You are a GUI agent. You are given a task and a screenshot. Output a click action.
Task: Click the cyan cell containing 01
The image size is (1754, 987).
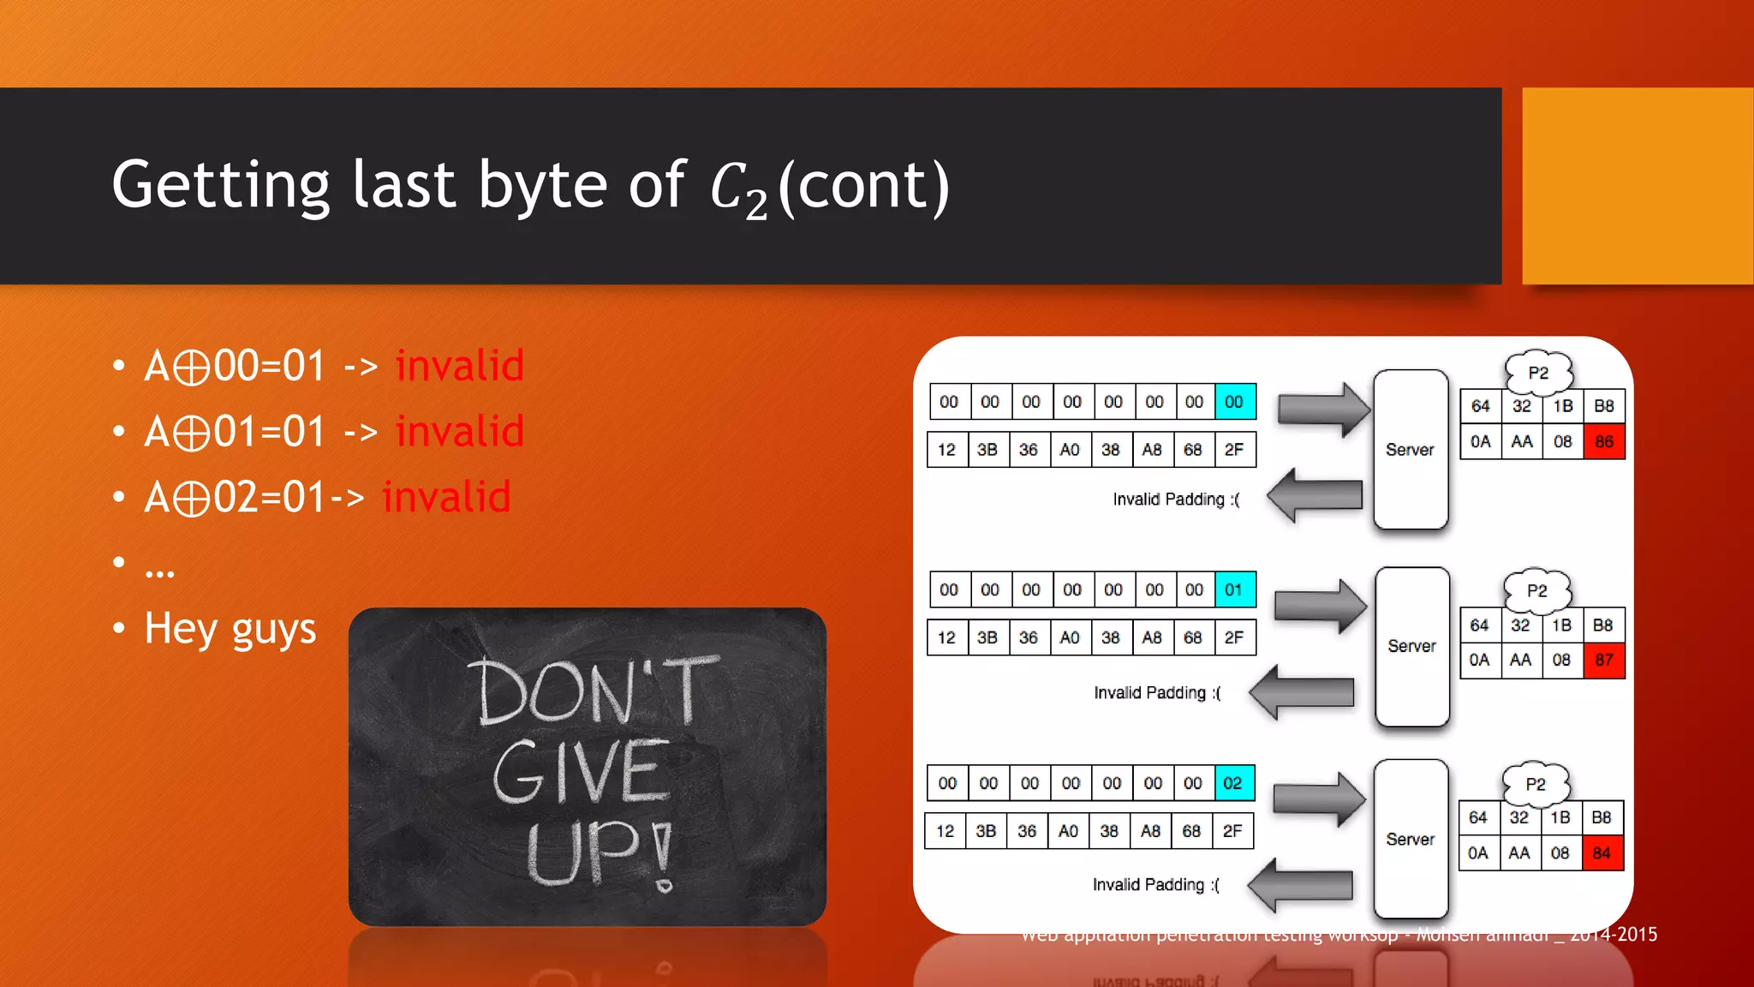(x=1234, y=589)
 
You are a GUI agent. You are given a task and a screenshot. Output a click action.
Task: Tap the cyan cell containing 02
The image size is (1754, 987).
(x=1233, y=782)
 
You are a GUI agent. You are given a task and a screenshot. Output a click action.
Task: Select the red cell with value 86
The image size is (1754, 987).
(x=1604, y=442)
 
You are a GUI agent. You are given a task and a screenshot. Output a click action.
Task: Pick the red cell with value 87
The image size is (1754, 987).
(x=1604, y=661)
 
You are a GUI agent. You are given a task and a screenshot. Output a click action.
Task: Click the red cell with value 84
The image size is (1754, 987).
(x=1602, y=853)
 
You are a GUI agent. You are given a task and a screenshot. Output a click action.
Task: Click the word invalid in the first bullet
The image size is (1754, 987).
(x=459, y=366)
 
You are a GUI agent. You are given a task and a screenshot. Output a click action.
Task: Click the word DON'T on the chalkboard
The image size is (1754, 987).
(x=598, y=691)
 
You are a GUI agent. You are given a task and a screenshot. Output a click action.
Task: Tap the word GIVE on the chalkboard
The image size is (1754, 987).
(x=582, y=772)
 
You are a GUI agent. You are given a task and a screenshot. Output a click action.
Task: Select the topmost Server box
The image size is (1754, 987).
(x=1411, y=449)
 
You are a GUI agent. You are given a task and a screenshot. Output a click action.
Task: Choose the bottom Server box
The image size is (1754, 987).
(x=1411, y=839)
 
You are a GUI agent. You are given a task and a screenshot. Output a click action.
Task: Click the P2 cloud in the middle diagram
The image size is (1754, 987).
(x=1537, y=591)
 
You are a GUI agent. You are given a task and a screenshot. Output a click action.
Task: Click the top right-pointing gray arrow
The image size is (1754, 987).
(x=1323, y=409)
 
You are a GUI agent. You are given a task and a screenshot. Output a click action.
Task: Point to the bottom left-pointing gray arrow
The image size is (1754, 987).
(x=1300, y=885)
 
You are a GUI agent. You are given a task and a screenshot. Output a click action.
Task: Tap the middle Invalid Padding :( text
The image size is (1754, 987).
(x=1157, y=692)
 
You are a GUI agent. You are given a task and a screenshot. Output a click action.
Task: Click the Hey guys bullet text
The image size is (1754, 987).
(x=230, y=629)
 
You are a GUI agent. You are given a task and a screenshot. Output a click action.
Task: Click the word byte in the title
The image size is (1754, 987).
(x=542, y=185)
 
